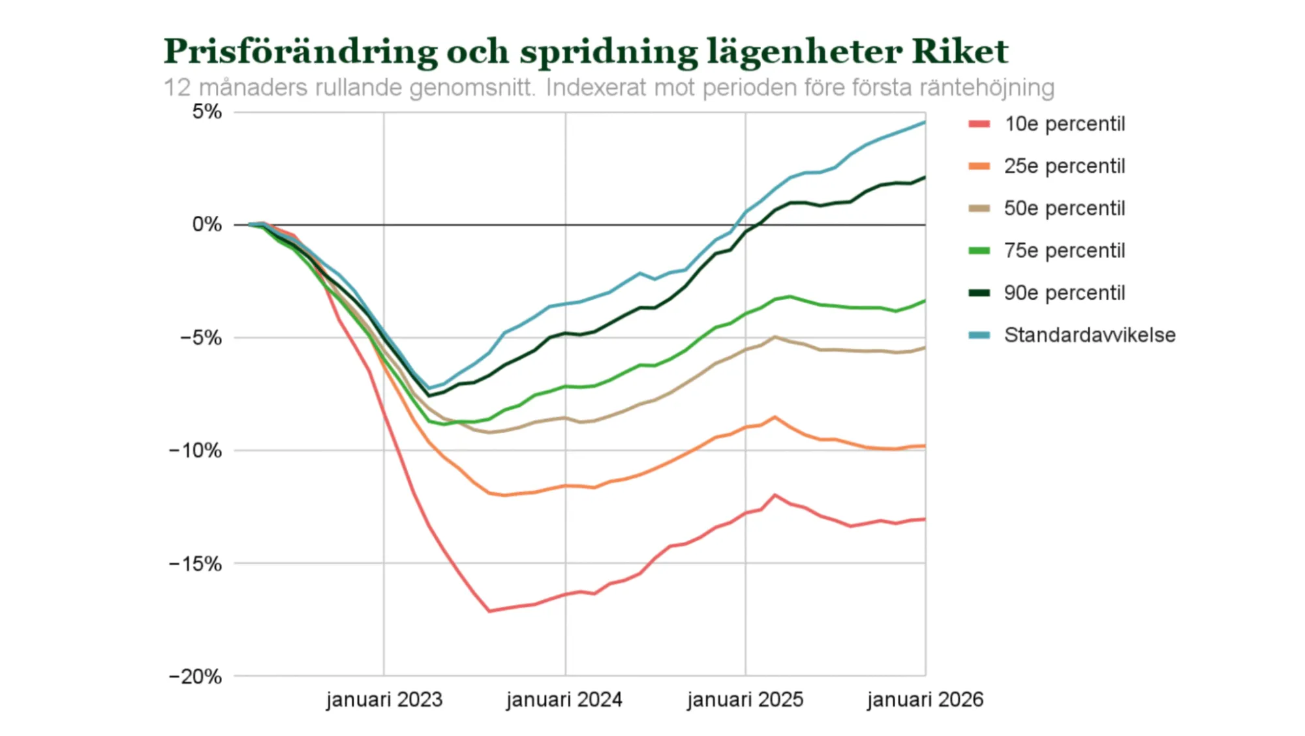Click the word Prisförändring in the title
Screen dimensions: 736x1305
pos(300,52)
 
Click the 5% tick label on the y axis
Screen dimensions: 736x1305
pos(207,112)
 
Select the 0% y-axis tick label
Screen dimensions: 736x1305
pos(207,225)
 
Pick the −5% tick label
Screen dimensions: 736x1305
pos(201,338)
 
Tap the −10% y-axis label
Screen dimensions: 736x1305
pos(196,450)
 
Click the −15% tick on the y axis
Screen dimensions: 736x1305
pos(196,564)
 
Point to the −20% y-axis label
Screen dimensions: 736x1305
pos(196,677)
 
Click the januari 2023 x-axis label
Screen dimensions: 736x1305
pos(384,700)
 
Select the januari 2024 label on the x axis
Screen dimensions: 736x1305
pos(564,700)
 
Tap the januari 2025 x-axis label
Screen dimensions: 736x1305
pos(745,700)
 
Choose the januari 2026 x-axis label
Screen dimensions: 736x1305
pos(925,700)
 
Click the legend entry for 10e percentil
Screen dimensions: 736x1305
pos(1064,124)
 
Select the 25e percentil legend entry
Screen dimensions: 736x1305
pos(1064,166)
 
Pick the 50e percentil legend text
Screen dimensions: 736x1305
pos(1064,209)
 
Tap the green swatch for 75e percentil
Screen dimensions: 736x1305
pos(979,251)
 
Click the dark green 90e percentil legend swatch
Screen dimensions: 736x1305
pos(979,293)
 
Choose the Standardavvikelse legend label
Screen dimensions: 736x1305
pos(1090,335)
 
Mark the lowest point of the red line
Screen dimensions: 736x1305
pos(489,611)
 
